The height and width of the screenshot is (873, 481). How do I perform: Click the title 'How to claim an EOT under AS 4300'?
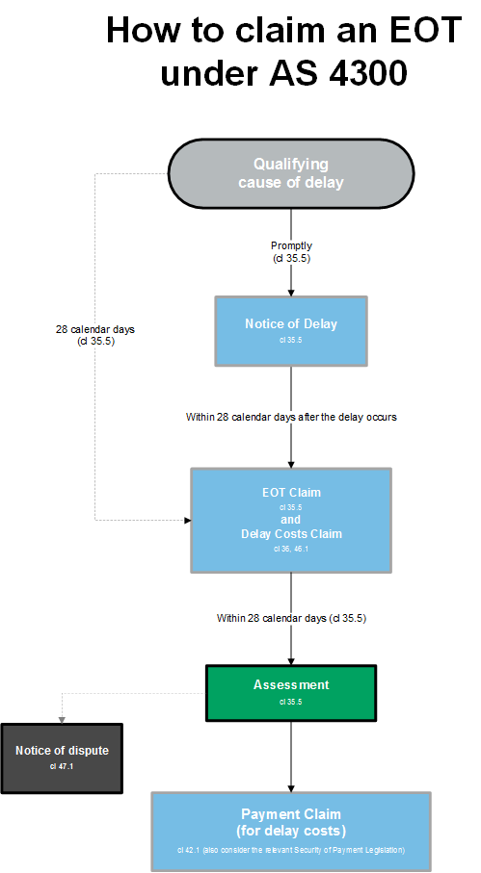coord(284,49)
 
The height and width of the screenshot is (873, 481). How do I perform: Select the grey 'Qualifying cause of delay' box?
coord(291,173)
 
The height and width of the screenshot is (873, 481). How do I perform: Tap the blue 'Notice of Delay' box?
coord(291,330)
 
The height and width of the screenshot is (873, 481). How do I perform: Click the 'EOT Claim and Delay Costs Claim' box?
coord(291,520)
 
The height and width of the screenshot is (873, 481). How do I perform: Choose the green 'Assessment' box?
coord(291,692)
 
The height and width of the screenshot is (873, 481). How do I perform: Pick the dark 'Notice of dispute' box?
coord(62,757)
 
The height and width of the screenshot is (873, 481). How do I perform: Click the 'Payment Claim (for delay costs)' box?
coord(291,831)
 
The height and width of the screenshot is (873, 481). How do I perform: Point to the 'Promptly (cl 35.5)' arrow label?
coord(291,252)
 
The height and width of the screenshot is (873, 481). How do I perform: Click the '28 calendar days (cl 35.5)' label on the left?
coord(95,334)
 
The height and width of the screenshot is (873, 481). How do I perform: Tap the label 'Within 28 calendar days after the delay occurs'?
coord(291,417)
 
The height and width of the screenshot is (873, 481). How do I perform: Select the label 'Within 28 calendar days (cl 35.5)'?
coord(291,617)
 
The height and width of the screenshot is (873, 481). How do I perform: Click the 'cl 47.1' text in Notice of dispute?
coord(62,766)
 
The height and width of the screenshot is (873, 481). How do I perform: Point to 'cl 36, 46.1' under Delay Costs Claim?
coord(291,549)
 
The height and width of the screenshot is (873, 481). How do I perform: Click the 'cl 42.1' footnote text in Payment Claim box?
coord(291,851)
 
